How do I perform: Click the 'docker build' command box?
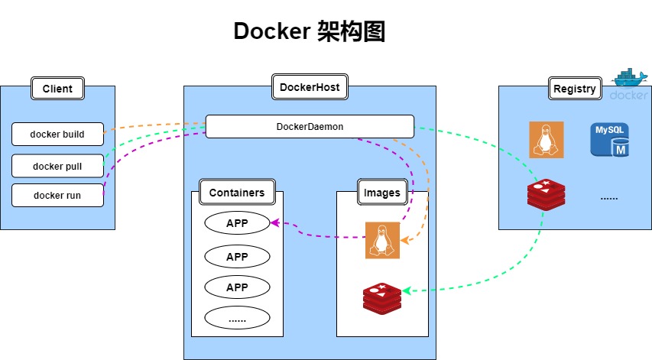coord(57,135)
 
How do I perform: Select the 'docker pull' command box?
coord(57,165)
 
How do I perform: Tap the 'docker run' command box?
coord(57,195)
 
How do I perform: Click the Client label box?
coord(57,89)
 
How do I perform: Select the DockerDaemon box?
coord(310,126)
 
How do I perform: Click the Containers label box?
coord(237,193)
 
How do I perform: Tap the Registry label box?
coord(574,89)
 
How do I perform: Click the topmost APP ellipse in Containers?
coord(237,223)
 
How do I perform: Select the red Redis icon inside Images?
coord(382,297)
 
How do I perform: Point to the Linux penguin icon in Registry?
coord(547,139)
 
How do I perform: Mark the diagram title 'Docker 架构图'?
coord(310,32)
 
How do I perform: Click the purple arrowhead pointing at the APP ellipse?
coord(275,223)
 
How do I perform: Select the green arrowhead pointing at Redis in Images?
coord(407,290)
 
